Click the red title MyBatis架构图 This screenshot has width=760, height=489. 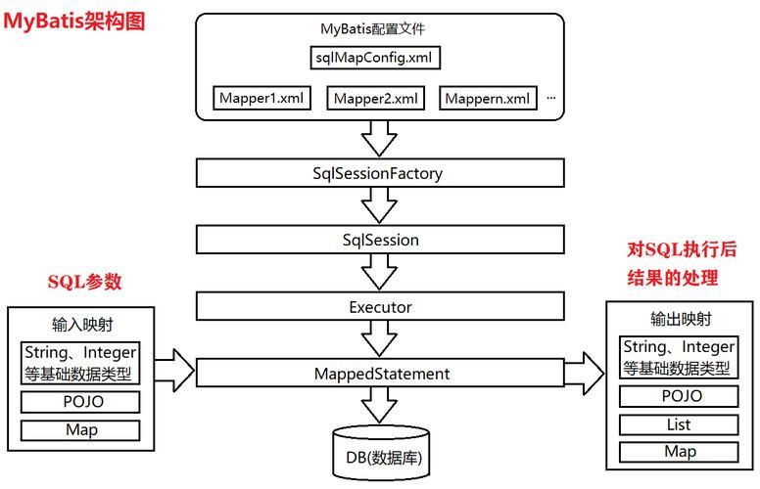click(74, 21)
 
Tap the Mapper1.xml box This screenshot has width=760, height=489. click(262, 98)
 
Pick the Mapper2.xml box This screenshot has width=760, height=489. click(376, 98)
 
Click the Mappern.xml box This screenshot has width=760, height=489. click(490, 98)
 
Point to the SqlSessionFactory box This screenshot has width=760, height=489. click(380, 174)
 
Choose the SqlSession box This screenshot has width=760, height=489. click(380, 240)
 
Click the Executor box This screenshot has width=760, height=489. click(380, 307)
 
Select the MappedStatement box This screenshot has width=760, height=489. click(380, 374)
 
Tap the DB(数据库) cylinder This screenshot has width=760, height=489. click(380, 454)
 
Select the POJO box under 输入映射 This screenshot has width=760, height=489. click(80, 402)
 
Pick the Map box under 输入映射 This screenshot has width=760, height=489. click(80, 429)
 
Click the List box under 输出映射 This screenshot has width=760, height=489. click(679, 424)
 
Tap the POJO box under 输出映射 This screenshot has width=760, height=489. click(679, 396)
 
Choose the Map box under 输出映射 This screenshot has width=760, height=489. click(679, 452)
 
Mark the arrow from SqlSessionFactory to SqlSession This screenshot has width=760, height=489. click(379, 206)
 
